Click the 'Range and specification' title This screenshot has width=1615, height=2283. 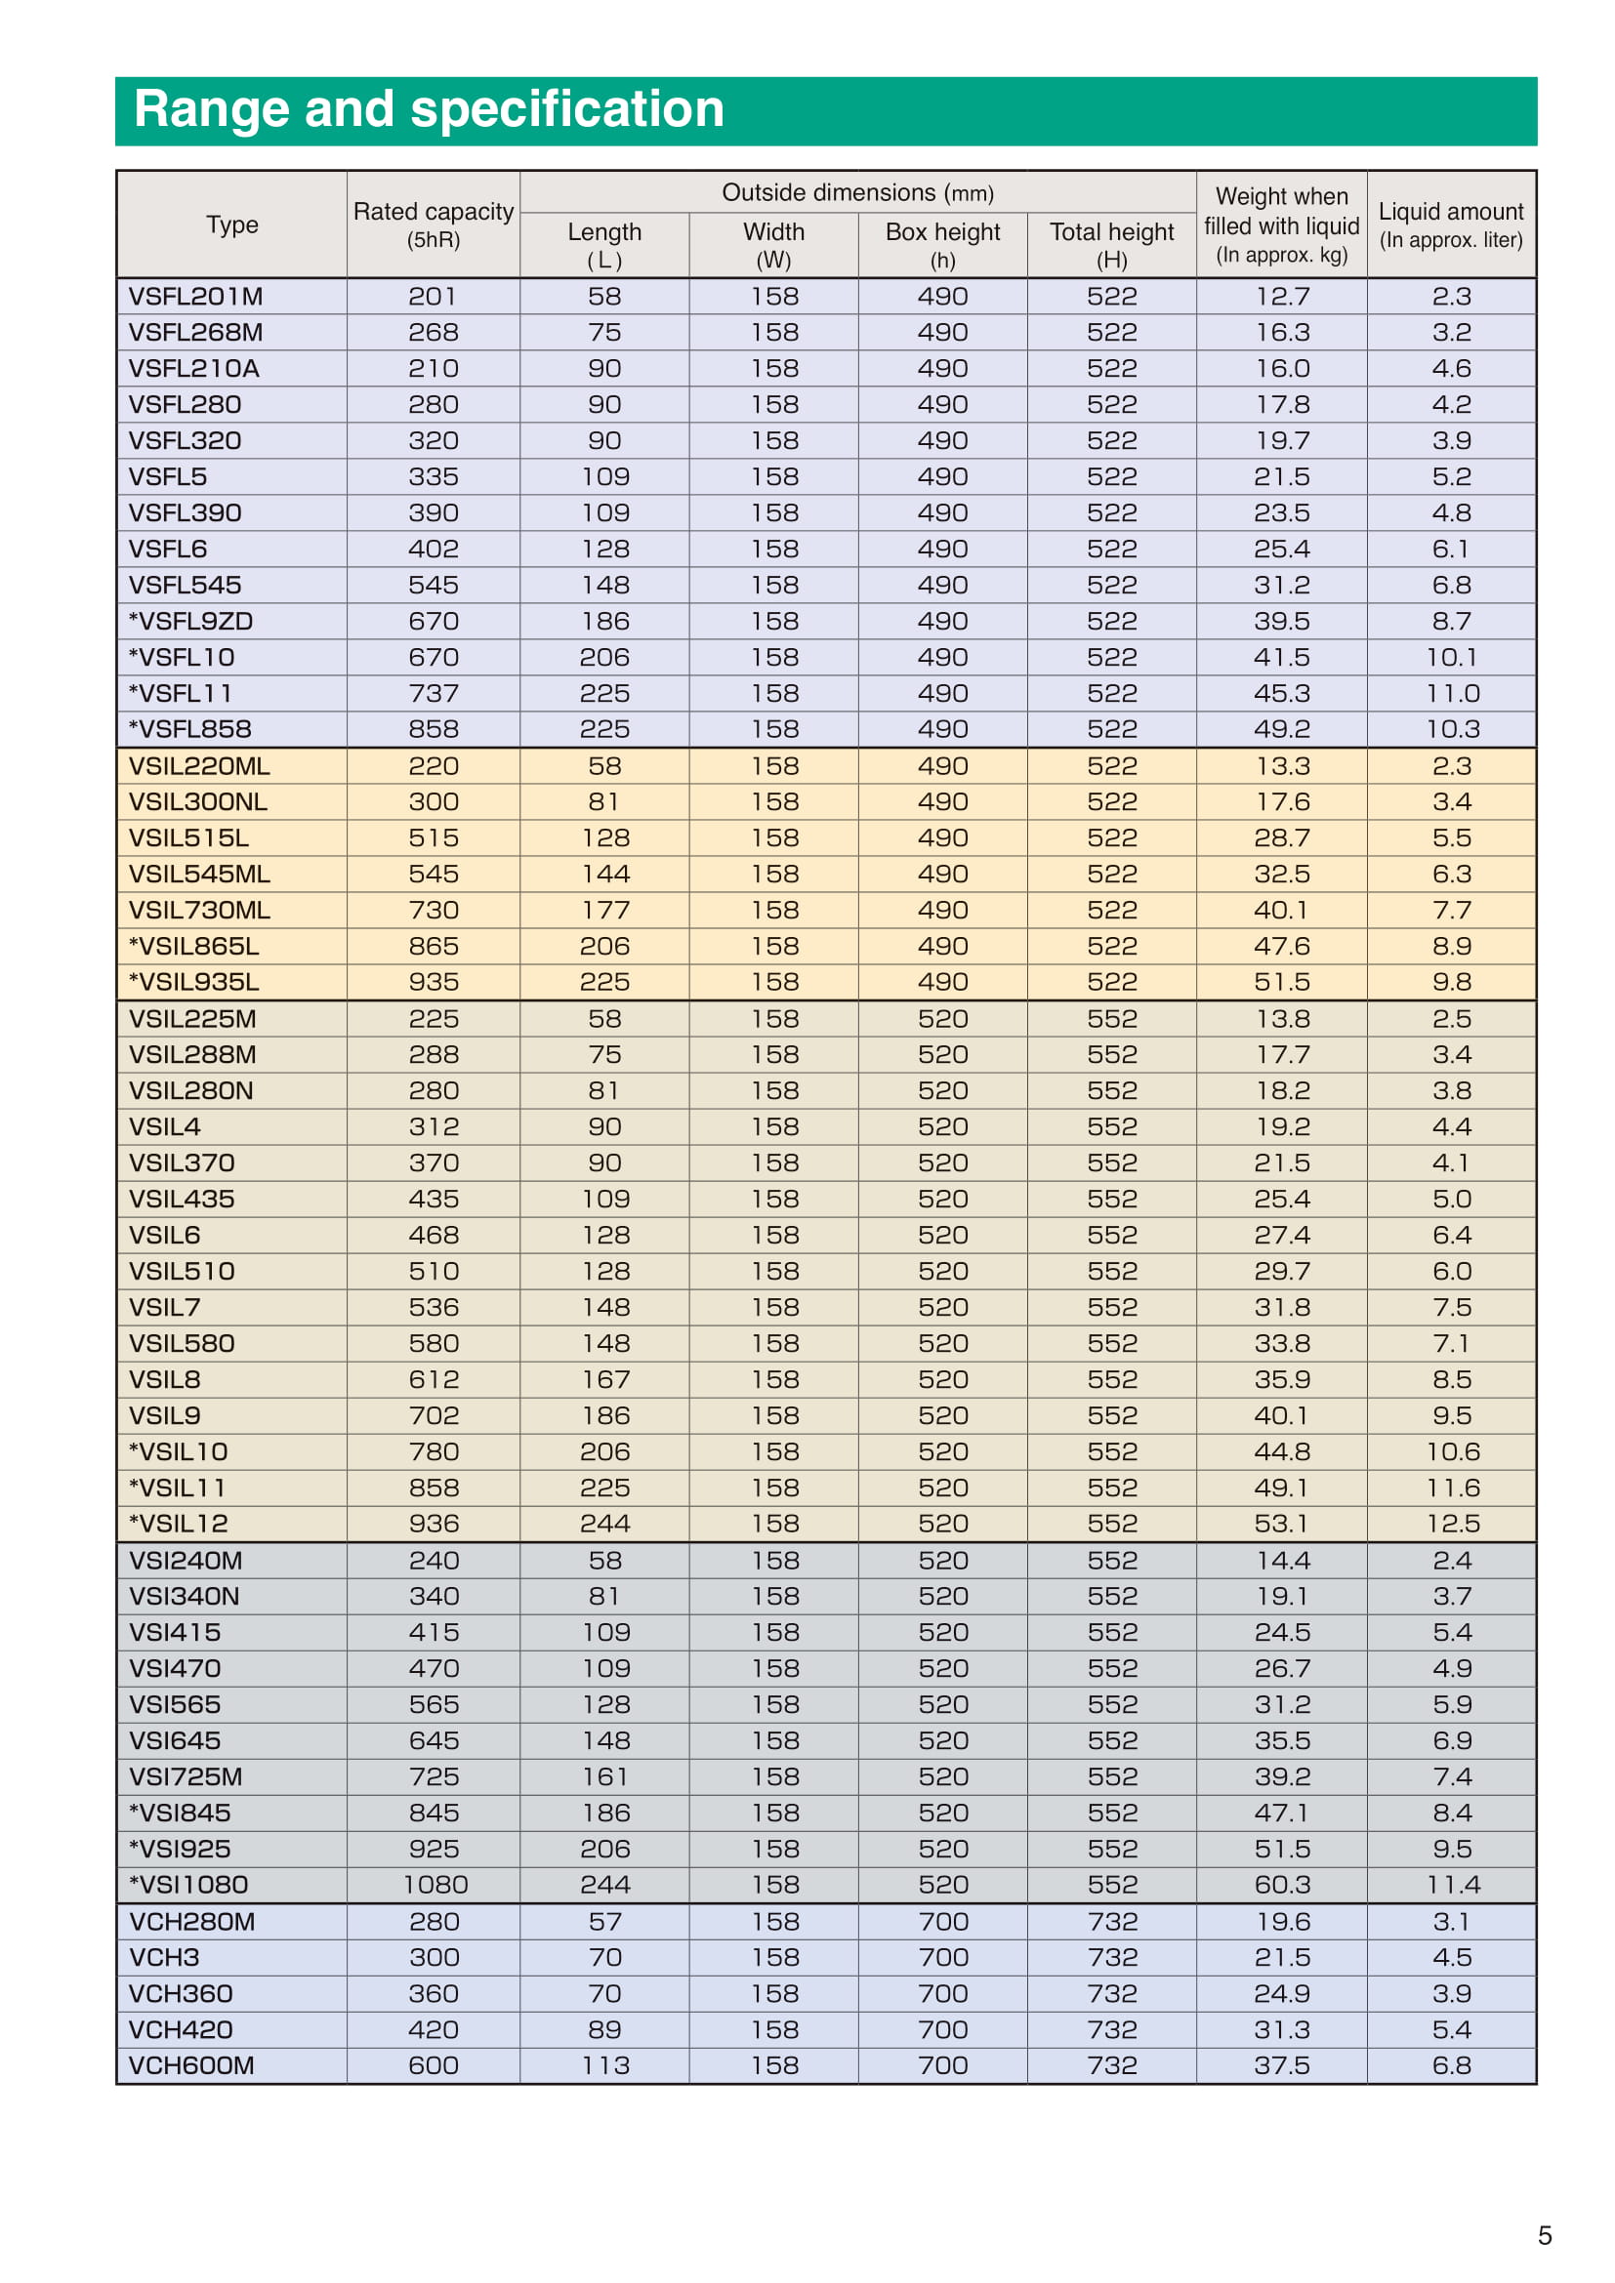(x=429, y=109)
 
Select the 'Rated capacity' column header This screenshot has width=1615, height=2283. (x=434, y=224)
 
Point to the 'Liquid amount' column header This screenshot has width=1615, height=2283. (x=1451, y=224)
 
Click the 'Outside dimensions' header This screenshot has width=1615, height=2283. (x=857, y=193)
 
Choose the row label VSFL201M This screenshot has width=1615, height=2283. (x=196, y=297)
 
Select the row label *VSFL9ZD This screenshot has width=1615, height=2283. (x=191, y=622)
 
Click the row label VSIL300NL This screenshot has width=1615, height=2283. (x=198, y=801)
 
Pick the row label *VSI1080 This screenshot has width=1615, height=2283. (x=189, y=1884)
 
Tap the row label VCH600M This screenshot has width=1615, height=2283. (x=192, y=2065)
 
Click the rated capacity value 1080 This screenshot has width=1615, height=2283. (x=435, y=1884)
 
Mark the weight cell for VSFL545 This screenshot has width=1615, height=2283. (x=1282, y=585)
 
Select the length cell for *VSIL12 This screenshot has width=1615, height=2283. (x=604, y=1524)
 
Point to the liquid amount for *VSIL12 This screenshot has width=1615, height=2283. (x=1452, y=1524)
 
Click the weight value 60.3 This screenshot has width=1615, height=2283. (x=1282, y=1884)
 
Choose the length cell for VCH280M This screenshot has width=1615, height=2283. (x=604, y=1921)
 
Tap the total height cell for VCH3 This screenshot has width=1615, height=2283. (x=1112, y=1957)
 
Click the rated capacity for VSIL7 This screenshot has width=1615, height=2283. (x=435, y=1307)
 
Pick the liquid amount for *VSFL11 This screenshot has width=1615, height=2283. (x=1452, y=693)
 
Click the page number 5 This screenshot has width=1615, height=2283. (x=1545, y=2235)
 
